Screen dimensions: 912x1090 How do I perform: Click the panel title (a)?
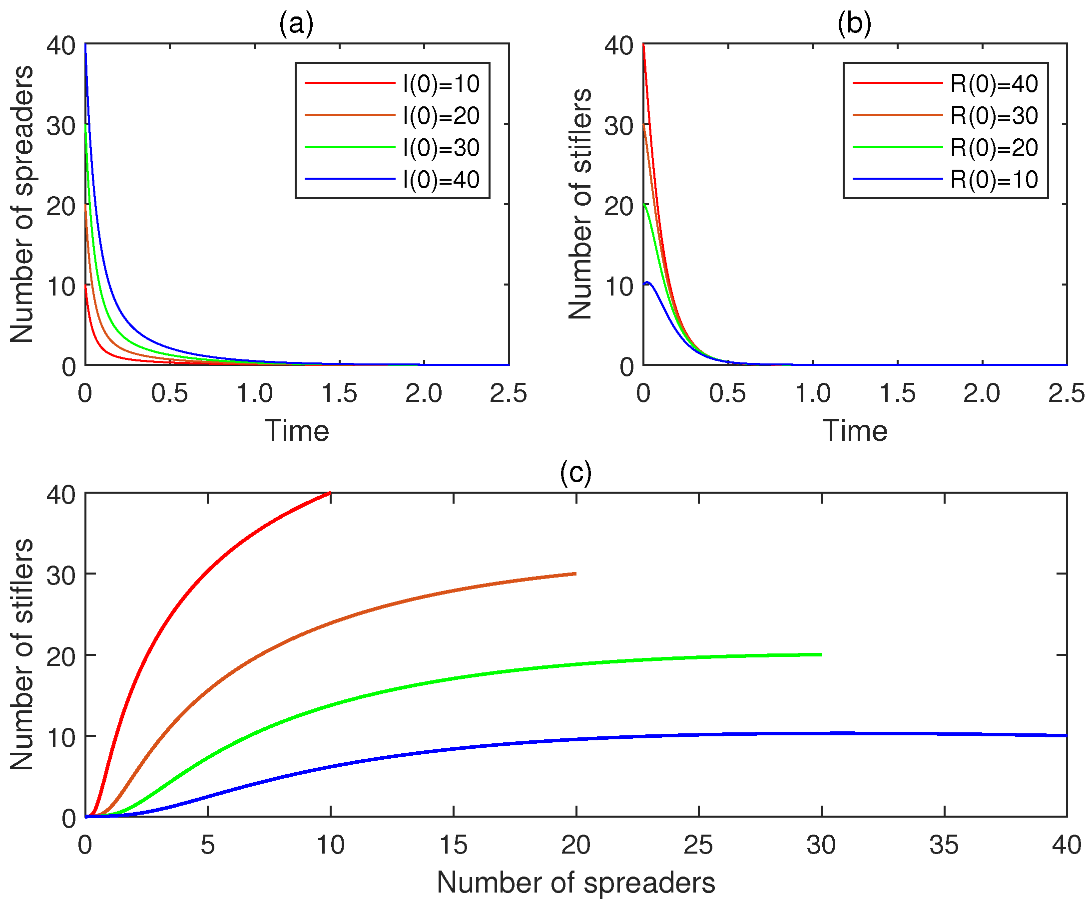296,24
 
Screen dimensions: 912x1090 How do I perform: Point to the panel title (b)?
854,24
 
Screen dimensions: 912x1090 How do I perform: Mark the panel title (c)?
575,473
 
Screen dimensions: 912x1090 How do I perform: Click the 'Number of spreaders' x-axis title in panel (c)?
575,883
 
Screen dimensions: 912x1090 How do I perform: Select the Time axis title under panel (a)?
297,431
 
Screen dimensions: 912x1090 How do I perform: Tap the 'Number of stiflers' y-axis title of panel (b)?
580,204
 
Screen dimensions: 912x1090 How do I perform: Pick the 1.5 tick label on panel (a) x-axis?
340,394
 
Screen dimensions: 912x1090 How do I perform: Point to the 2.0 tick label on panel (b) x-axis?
982,394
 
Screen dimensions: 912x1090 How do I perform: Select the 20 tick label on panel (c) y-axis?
61,657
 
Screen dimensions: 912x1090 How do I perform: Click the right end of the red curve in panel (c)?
330,493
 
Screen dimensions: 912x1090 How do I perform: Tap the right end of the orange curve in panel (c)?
575,574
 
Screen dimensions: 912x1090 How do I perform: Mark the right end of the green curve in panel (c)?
821,655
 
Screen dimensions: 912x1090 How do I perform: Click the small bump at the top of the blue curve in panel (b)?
648,283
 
